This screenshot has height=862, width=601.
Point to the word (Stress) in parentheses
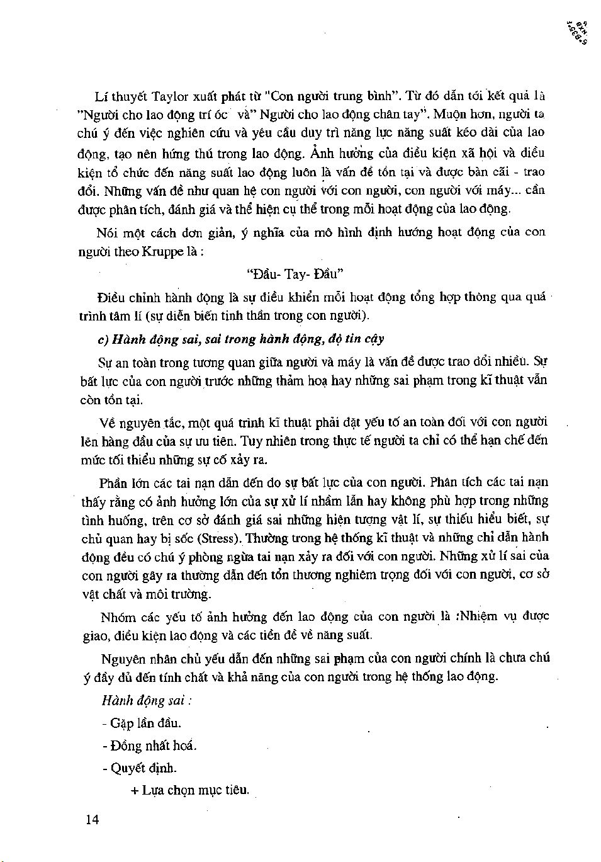tap(218, 539)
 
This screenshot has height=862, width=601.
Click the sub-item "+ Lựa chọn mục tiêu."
tap(189, 790)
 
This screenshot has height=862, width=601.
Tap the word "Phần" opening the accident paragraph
tap(113, 483)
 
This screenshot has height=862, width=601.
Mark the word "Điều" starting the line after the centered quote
tap(111, 297)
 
